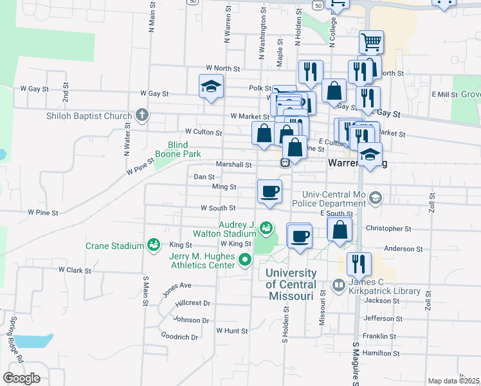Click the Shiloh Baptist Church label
coord(89,116)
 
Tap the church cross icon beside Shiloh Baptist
coord(143,116)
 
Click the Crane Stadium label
coord(114,246)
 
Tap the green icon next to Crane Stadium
coord(153,244)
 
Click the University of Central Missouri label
coord(291,285)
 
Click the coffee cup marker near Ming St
coord(269,191)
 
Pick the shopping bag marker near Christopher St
coord(340,229)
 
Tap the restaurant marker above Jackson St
coord(359,264)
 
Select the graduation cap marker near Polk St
coord(210,86)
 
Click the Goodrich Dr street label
coord(180,336)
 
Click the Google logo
coord(21,378)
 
